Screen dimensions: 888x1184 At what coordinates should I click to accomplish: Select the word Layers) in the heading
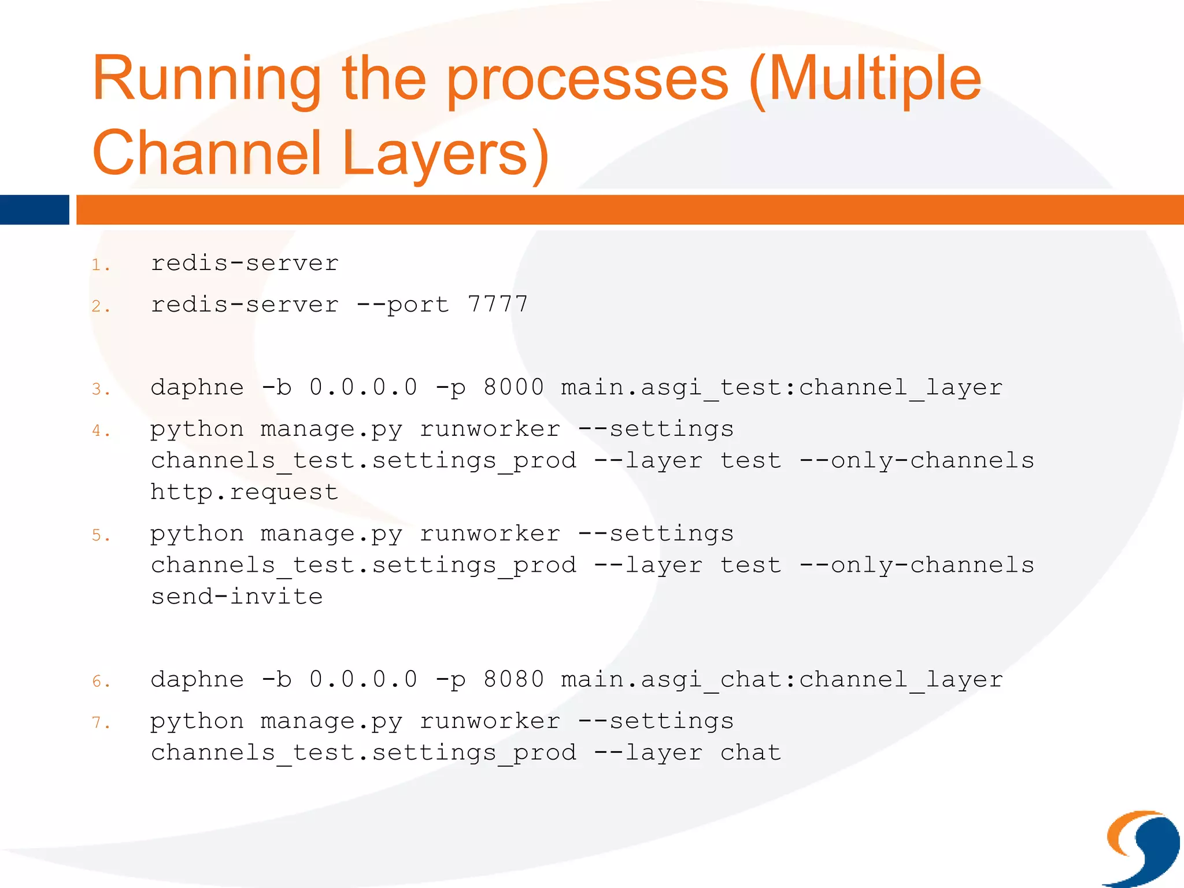445,153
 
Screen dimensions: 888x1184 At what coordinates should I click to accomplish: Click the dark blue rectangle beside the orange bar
34,210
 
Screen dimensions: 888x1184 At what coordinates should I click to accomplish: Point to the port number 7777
498,304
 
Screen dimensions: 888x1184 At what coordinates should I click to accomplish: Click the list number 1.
100,265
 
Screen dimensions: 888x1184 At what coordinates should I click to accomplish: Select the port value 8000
513,387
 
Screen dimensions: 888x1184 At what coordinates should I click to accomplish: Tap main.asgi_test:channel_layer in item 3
781,387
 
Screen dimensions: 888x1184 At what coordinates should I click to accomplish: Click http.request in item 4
244,492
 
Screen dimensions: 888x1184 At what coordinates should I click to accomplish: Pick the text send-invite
236,596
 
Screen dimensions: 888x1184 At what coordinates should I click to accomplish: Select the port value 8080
513,679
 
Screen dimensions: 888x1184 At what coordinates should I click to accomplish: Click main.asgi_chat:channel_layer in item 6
781,679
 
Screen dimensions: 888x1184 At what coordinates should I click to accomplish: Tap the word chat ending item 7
750,752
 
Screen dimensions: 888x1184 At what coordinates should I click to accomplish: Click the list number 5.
100,535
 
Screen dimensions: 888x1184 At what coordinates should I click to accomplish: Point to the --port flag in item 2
402,305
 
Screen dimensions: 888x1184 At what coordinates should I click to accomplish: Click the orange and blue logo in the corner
1142,848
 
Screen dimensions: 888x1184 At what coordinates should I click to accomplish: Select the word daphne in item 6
197,679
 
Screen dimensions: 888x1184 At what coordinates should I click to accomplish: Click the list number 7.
100,723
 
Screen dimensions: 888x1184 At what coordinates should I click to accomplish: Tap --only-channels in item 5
917,565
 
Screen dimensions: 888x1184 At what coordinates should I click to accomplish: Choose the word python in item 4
197,430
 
